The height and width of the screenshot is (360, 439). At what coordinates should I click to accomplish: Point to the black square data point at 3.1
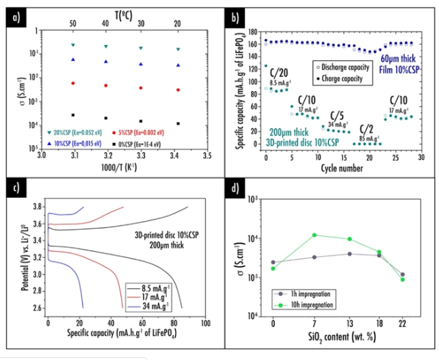73,115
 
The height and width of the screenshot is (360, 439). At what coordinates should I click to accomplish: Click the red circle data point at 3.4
178,90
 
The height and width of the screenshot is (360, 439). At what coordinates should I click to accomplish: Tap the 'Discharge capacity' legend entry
338,67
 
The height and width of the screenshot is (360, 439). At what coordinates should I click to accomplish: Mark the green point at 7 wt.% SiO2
313,235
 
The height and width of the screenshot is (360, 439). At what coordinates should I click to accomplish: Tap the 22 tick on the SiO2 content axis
402,322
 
